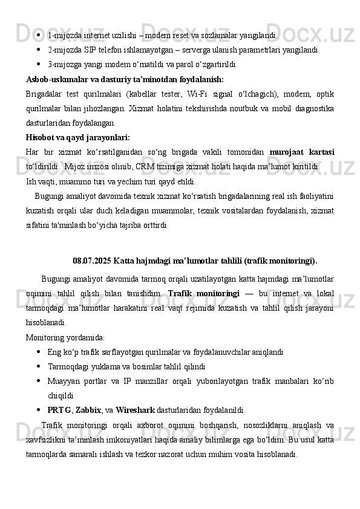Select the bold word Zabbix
point(88,409)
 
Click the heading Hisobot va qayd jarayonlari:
point(78,137)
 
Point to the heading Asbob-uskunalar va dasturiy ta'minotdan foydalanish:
point(125,79)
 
